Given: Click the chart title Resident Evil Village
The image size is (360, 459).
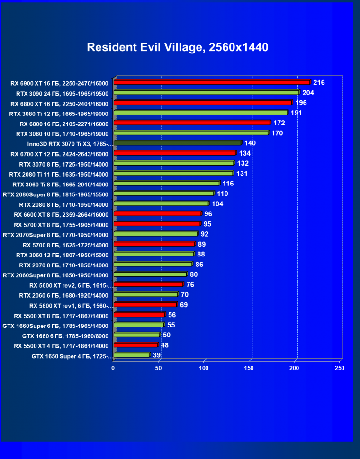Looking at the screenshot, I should (x=178, y=47).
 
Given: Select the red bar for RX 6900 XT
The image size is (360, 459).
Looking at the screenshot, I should (x=212, y=82).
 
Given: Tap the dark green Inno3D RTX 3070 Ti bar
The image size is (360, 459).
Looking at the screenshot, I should (x=177, y=143).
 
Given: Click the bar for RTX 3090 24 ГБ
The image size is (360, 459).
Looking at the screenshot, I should (x=207, y=93).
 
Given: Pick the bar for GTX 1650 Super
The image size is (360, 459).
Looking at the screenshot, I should (x=131, y=355).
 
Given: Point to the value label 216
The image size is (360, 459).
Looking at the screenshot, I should (x=319, y=83).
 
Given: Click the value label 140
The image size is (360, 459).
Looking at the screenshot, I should (x=250, y=143).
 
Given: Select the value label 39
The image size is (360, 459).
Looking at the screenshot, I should (x=157, y=355).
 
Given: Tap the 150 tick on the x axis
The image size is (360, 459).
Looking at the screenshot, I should (x=249, y=368).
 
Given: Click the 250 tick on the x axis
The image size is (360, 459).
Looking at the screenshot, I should (x=340, y=368).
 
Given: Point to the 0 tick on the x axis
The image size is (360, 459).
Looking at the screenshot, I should (x=113, y=368).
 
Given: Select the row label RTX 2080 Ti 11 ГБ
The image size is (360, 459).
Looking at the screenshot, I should (x=61, y=174).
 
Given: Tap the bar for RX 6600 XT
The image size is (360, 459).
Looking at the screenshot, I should (x=157, y=214).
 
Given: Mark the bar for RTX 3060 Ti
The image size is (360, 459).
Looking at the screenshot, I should (x=166, y=184).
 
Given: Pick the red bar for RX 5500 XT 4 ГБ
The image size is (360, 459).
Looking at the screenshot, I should (x=135, y=345).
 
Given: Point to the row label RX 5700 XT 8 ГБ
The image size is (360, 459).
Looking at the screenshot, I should (x=61, y=224).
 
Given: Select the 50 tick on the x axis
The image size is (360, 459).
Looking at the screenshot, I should (x=159, y=368).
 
